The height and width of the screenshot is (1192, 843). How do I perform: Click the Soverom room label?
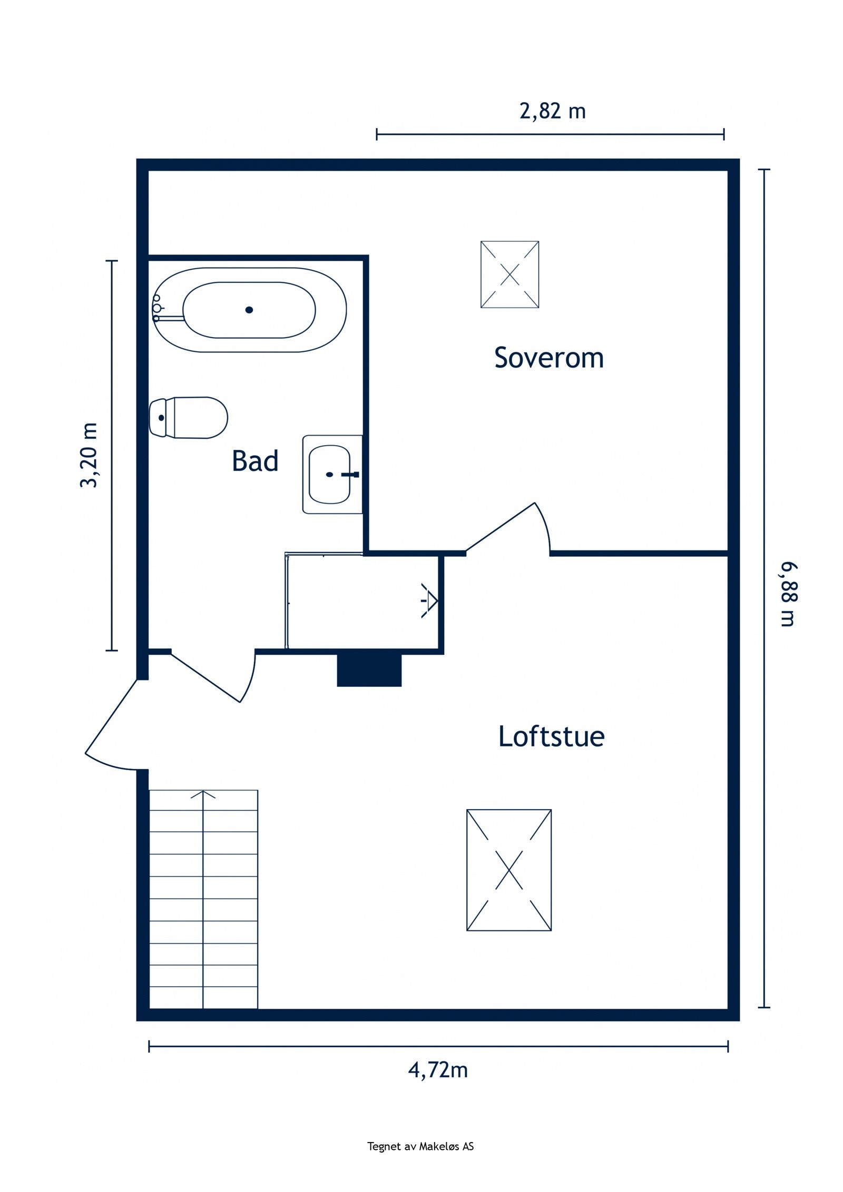point(548,358)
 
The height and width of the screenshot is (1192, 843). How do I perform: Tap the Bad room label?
point(255,461)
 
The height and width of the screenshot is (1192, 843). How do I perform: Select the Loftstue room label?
point(551,736)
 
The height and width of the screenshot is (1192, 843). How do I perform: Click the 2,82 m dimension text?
point(552,111)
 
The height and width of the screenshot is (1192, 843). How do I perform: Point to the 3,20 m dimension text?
point(89,455)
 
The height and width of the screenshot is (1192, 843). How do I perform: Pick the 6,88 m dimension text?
point(788,594)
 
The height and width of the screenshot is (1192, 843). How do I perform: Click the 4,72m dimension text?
point(438,1070)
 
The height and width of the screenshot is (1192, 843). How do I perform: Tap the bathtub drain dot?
point(249,310)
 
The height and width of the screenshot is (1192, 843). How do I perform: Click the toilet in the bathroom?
point(189,417)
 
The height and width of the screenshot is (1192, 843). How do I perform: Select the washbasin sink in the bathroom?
point(330,474)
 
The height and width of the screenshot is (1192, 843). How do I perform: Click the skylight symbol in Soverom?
point(509,274)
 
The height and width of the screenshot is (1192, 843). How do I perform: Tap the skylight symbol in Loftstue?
point(508,870)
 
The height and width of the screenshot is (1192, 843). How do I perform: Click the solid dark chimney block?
point(369,671)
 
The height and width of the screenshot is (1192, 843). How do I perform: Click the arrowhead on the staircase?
point(203,794)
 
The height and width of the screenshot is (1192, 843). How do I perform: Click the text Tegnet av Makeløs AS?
point(420,1146)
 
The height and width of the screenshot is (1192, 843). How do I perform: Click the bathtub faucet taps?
point(156,308)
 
